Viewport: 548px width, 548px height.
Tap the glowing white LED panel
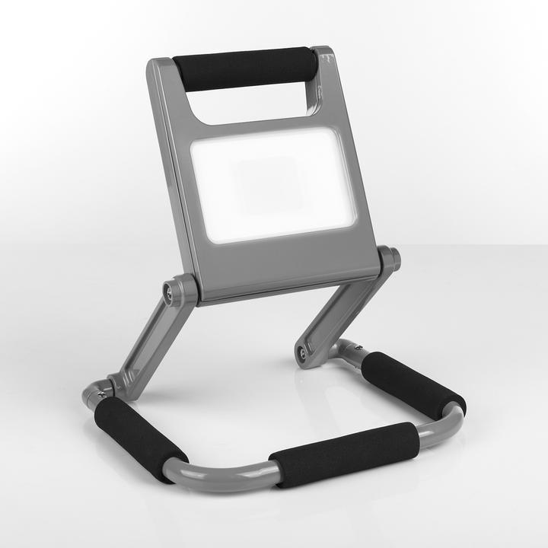pos(272,185)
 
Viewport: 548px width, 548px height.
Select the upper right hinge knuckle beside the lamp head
pos(389,259)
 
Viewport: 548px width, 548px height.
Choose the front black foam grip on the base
pos(343,454)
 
